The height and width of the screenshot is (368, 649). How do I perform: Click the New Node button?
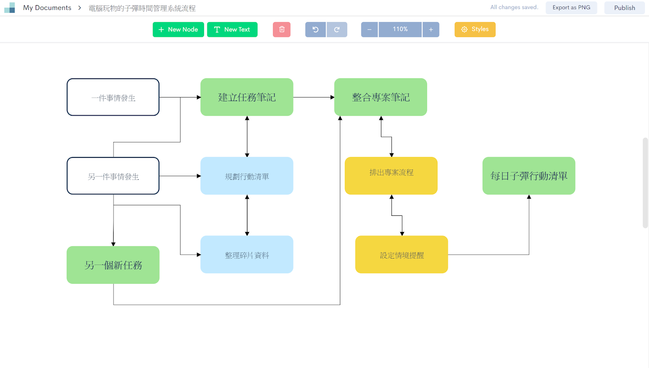[178, 30]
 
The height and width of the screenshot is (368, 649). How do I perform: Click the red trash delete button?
[282, 30]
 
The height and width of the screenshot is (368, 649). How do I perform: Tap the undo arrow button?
[315, 30]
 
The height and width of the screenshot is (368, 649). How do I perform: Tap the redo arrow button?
[337, 30]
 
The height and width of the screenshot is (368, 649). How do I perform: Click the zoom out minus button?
[369, 30]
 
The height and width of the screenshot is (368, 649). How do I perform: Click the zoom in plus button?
[431, 30]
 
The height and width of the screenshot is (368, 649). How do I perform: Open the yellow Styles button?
[475, 30]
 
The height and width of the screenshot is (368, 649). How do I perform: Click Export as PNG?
[571, 8]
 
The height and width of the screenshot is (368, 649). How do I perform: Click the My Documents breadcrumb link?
[47, 8]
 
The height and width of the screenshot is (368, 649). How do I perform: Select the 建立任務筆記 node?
[247, 97]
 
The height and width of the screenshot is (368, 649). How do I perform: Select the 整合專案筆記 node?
[380, 97]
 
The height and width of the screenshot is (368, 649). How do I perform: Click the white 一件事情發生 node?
[113, 97]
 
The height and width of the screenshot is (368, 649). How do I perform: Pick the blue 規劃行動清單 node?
[247, 176]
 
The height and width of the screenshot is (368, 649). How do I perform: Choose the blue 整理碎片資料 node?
[247, 254]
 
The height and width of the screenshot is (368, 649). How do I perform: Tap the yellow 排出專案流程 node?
[391, 176]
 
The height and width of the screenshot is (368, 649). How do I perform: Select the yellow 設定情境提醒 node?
[402, 254]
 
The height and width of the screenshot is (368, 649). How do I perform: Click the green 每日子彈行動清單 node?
[529, 176]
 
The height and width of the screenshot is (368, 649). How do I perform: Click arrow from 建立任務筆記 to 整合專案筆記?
[313, 97]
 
